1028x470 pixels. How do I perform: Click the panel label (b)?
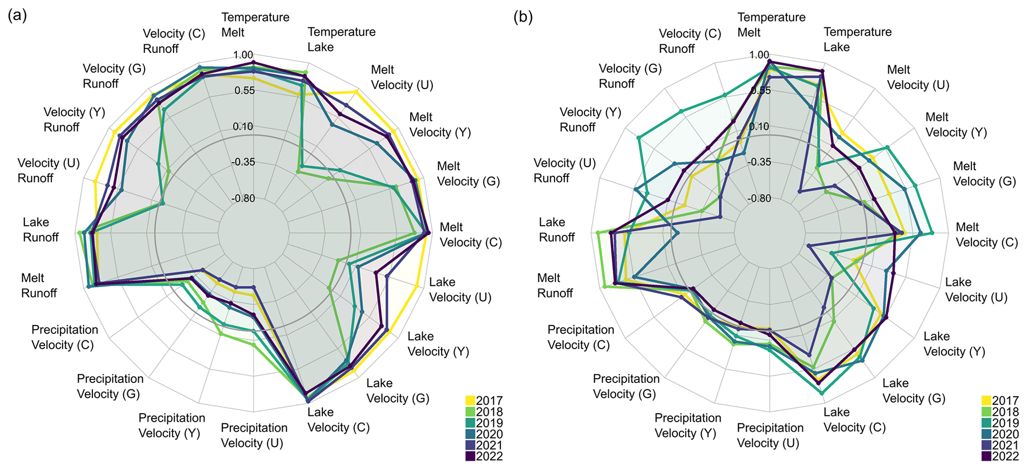[x=523, y=17]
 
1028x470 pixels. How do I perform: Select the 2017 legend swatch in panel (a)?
[x=470, y=401]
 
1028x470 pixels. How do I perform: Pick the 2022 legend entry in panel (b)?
[x=987, y=457]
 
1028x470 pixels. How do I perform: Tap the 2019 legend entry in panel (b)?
[x=987, y=423]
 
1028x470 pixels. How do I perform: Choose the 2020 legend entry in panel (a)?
[x=470, y=434]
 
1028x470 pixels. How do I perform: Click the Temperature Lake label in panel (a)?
[x=341, y=39]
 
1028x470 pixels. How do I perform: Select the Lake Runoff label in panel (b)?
[x=557, y=230]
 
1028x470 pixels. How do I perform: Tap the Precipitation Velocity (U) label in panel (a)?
[x=254, y=435]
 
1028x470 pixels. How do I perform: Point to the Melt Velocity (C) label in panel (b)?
[x=987, y=235]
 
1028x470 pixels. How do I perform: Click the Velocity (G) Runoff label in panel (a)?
[x=114, y=76]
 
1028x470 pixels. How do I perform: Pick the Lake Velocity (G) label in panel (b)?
[x=914, y=390]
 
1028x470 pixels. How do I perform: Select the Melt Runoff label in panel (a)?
[x=39, y=285]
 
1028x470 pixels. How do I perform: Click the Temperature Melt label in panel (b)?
[x=771, y=24]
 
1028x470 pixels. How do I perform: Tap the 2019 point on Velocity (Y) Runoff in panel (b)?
[x=639, y=137]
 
